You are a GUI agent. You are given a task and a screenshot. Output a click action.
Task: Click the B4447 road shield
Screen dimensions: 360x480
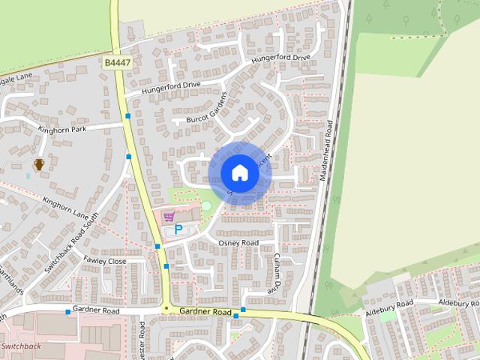118,65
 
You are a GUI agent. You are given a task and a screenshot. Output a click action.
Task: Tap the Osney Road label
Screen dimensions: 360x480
238,243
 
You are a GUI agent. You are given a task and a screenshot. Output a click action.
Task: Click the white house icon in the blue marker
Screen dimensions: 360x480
239,173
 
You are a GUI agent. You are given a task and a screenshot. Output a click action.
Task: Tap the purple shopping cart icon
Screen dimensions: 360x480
169,216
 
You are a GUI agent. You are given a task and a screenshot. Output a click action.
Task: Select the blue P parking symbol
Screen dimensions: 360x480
178,230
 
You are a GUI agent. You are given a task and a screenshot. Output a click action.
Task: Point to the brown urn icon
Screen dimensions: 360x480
39,163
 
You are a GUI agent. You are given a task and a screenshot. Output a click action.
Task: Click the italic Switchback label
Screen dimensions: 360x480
21,346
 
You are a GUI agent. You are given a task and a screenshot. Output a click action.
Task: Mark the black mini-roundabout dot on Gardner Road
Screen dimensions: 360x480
165,308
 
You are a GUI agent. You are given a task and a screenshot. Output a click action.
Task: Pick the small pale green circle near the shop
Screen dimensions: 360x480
206,205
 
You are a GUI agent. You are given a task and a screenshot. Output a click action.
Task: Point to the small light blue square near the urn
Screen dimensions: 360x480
28,175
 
